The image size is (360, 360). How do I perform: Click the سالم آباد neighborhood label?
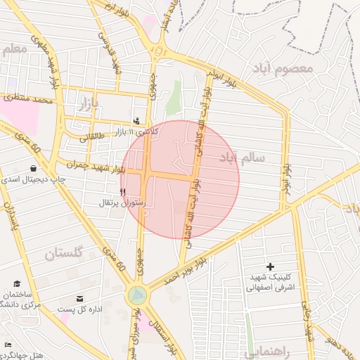tap(242, 157)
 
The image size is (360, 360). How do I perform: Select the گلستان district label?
tap(63, 253)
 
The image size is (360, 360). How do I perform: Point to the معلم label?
tap(15, 49)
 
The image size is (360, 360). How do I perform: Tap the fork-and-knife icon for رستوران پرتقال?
tap(123, 191)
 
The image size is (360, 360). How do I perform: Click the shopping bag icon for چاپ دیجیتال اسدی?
tap(34, 168)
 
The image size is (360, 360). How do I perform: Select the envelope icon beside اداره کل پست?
tap(79, 298)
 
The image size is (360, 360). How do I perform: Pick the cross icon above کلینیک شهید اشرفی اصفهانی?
tap(271, 266)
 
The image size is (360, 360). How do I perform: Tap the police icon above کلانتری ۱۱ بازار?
tap(136, 120)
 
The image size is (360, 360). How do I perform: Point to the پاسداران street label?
tap(8, 218)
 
